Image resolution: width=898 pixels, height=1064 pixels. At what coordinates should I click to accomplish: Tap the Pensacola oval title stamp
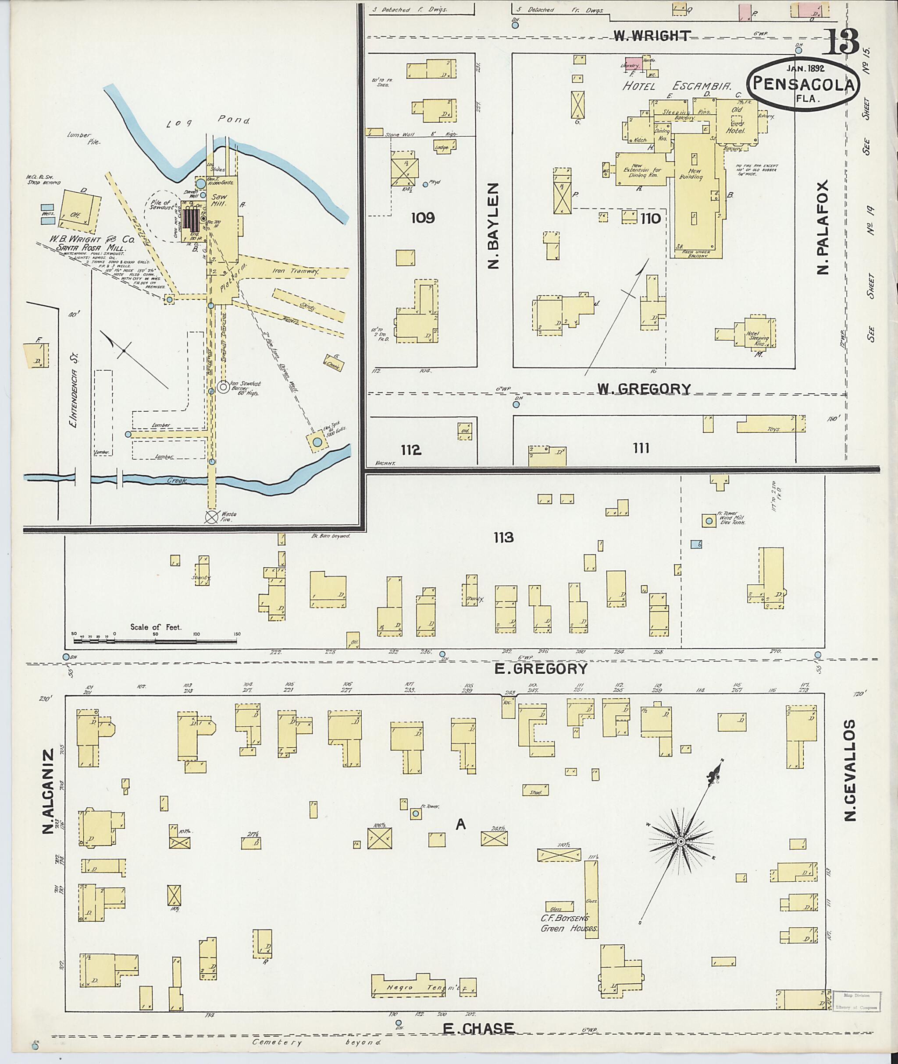pyautogui.click(x=803, y=85)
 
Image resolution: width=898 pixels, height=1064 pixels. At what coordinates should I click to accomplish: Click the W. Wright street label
pyautogui.click(x=652, y=35)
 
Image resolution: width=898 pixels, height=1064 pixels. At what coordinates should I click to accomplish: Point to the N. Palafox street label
pyautogui.click(x=822, y=226)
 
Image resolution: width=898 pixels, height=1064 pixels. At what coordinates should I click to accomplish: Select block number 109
pyautogui.click(x=423, y=218)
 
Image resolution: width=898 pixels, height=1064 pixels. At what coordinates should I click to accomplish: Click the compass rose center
pyautogui.click(x=680, y=842)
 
